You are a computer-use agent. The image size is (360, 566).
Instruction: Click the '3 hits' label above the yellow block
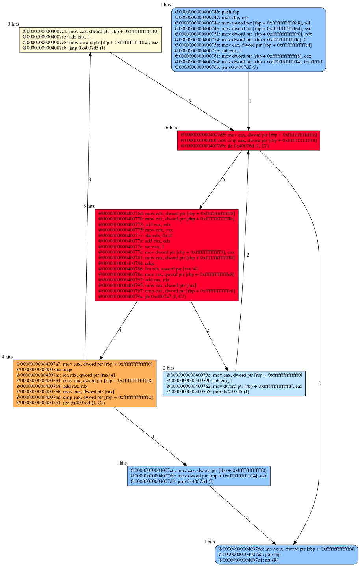[x=13, y=24]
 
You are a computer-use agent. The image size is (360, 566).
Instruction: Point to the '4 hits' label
[x=7, y=357]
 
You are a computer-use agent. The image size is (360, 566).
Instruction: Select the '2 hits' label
[x=169, y=368]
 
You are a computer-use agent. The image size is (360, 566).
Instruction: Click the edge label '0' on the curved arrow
[x=320, y=383]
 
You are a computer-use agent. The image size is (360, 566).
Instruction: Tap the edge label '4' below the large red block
[x=120, y=330]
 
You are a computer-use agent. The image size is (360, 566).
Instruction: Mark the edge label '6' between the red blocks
[x=224, y=180]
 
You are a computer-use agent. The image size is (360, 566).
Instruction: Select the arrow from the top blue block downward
[x=249, y=101]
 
